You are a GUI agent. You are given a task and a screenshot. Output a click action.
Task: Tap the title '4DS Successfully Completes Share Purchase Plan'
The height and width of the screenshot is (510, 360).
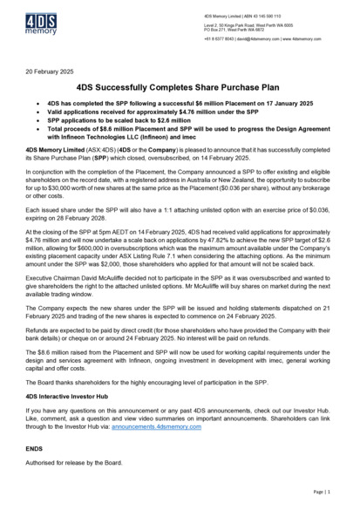click(x=180, y=88)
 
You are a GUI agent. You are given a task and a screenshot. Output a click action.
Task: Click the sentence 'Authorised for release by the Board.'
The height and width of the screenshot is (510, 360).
click(x=73, y=462)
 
